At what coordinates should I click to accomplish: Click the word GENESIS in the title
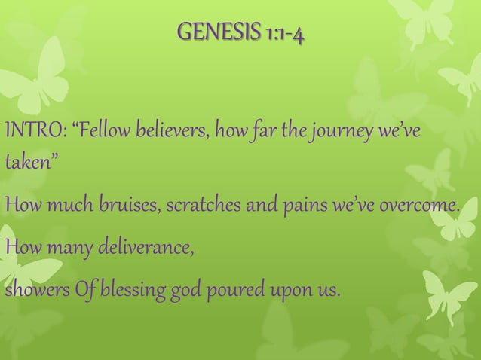pos(208,33)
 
